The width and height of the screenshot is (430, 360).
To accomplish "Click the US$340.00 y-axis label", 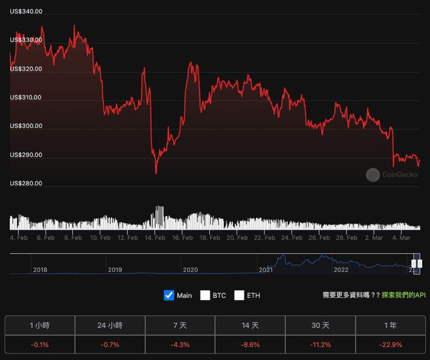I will (x=26, y=12).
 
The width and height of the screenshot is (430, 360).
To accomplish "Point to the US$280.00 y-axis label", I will (x=26, y=183).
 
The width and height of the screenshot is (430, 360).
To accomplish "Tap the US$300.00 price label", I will (x=26, y=126).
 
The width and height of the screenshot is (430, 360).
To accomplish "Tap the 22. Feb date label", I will (x=263, y=238).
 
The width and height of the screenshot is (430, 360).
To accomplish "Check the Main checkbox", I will (x=169, y=295).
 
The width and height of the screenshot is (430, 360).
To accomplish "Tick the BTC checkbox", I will (x=205, y=295).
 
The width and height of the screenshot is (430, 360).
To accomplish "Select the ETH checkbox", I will (x=239, y=295).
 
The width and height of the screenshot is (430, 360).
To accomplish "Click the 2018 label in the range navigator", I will (x=40, y=269).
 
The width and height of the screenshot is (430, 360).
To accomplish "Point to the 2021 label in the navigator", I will (x=266, y=269).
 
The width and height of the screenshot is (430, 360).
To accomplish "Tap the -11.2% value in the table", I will (x=321, y=344).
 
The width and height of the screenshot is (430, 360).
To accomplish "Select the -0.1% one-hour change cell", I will (x=40, y=344).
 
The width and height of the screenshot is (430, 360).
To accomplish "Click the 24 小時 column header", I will (x=110, y=325).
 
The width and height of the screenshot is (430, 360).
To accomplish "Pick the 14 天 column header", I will (x=250, y=325).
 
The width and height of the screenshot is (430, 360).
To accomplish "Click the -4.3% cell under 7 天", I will (x=180, y=344).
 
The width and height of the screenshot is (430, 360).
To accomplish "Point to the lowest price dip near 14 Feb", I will (x=156, y=173).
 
